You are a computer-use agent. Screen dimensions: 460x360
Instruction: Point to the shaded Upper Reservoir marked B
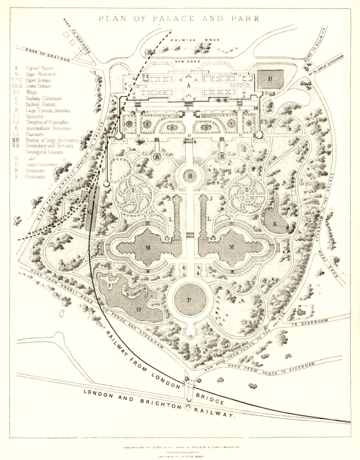[x=270, y=78]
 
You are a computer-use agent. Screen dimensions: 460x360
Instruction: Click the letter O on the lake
[x=137, y=309]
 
